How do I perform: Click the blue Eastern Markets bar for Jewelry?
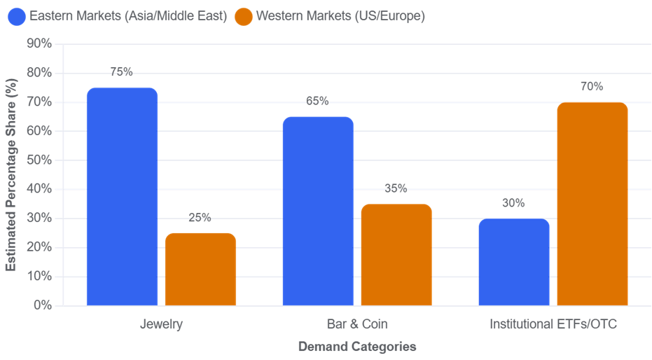(x=123, y=197)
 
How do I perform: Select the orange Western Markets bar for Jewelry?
(x=200, y=270)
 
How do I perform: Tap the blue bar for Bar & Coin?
(x=318, y=212)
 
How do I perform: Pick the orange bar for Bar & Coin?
(x=396, y=255)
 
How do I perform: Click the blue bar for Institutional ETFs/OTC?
(x=514, y=262)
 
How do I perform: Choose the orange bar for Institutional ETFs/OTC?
(x=592, y=204)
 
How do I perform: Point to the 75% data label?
(x=121, y=72)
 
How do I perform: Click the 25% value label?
(x=200, y=217)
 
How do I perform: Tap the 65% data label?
(x=317, y=101)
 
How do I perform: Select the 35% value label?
(x=396, y=188)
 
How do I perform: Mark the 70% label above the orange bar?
(x=592, y=86)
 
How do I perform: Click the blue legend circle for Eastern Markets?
(x=17, y=17)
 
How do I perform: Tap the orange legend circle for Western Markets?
(x=244, y=17)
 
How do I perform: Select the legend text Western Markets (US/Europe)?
(x=340, y=16)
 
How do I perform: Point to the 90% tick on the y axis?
(x=39, y=43)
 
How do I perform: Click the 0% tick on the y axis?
(x=43, y=305)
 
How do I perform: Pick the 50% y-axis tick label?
(x=39, y=160)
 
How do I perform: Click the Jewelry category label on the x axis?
(x=161, y=324)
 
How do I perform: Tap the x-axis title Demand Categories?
(x=357, y=346)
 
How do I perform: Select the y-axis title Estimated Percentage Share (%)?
(x=11, y=174)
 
